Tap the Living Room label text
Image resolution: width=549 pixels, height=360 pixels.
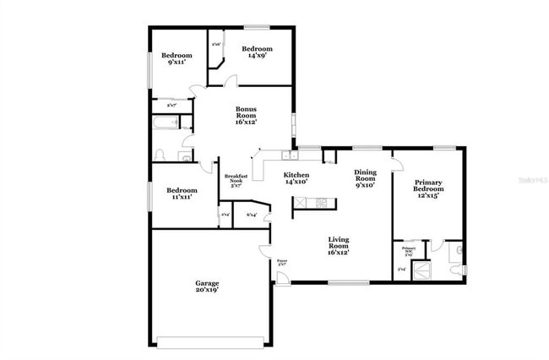[x=339, y=246]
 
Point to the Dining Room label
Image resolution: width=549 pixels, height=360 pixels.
[x=365, y=176]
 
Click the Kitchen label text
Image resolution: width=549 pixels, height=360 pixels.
[x=296, y=175]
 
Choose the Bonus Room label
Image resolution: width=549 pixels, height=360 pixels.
[x=246, y=115]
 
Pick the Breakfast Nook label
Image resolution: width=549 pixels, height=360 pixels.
[x=236, y=179]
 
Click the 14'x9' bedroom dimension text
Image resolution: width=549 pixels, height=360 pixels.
[x=257, y=57]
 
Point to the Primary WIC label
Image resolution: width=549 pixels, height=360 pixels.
[x=408, y=251]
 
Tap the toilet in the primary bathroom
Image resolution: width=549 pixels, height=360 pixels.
[x=455, y=269]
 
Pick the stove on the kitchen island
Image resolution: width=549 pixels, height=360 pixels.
[x=321, y=203]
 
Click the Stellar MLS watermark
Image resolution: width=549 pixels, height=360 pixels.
[x=531, y=180]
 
